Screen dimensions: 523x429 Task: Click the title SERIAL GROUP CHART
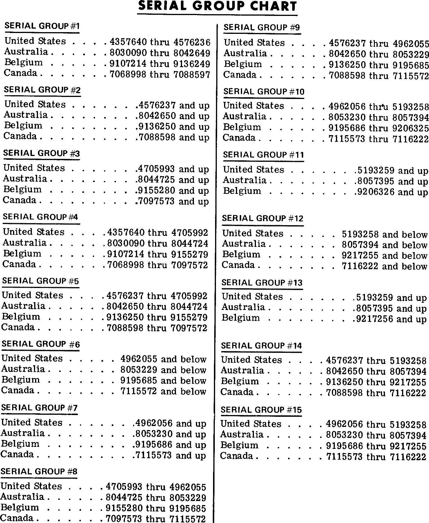[x=217, y=6]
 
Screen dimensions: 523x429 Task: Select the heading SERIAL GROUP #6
[x=41, y=344]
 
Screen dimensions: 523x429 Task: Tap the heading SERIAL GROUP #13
[x=262, y=282]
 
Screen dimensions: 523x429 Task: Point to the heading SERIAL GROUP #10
[x=264, y=92]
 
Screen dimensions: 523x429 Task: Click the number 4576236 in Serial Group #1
[x=192, y=42]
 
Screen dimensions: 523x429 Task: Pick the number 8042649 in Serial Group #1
[x=192, y=53]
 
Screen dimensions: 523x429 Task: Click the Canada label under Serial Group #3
[x=20, y=200]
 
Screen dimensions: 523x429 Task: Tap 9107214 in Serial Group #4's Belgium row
[x=126, y=254]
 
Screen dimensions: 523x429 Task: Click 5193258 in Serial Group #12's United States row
[x=360, y=234]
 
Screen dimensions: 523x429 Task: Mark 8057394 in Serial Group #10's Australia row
[x=411, y=118]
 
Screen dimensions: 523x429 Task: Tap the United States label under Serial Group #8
[x=31, y=486]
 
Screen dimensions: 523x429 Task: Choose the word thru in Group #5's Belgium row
[x=157, y=317]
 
